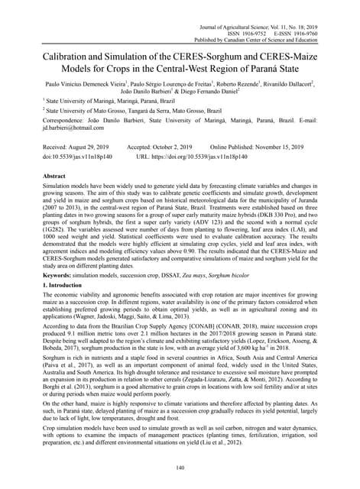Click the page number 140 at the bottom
click(180, 467)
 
